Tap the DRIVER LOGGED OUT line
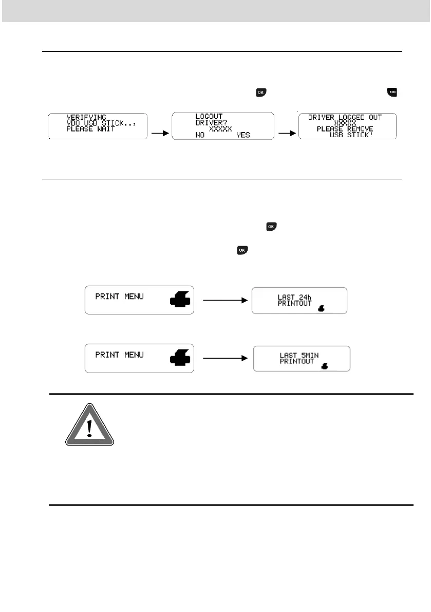click(345, 118)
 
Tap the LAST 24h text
click(295, 297)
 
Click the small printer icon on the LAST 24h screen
click(322, 309)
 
